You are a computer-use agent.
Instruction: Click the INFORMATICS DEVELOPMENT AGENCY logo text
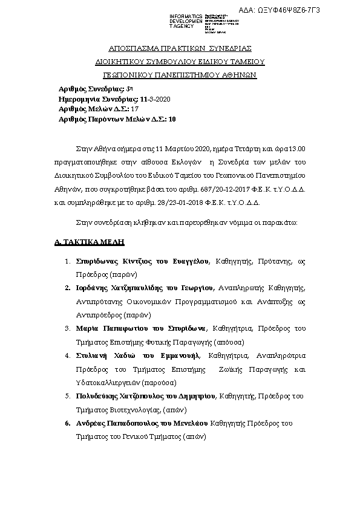point(186,21)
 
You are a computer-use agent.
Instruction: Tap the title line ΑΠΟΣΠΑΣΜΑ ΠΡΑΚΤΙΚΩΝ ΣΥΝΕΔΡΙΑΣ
point(180,48)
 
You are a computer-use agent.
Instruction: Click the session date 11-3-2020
point(155,99)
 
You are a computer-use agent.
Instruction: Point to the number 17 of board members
point(135,109)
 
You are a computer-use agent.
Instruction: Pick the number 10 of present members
point(172,119)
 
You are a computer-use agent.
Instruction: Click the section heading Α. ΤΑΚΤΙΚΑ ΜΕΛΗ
point(89,242)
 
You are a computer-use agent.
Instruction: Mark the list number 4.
point(68,355)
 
